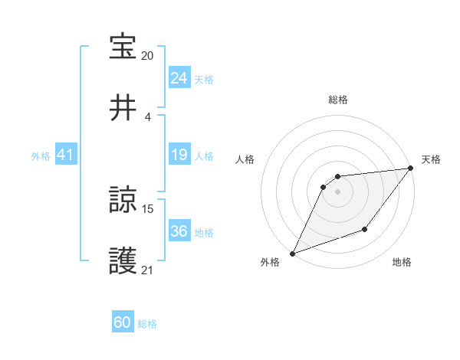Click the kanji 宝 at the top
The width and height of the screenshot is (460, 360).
(x=123, y=47)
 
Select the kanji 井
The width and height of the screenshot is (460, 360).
(x=123, y=108)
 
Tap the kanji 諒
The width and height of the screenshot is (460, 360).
(x=123, y=201)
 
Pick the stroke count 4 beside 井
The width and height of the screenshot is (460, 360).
(x=148, y=116)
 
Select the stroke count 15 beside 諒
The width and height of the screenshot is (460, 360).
(x=148, y=208)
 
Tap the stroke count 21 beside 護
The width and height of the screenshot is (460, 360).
(x=148, y=270)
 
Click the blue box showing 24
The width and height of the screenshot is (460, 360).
(x=179, y=77)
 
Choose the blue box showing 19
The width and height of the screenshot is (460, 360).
(x=179, y=155)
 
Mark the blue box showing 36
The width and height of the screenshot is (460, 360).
(x=179, y=231)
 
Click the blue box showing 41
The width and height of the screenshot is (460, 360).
(x=66, y=155)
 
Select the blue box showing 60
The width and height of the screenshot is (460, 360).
(x=123, y=322)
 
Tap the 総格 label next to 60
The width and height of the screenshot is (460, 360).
(x=147, y=324)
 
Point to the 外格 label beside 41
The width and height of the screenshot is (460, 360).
(x=41, y=155)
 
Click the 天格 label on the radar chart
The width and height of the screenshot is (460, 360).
(x=432, y=159)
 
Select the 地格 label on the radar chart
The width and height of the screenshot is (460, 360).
(x=402, y=262)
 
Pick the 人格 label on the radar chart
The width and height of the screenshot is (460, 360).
(x=245, y=159)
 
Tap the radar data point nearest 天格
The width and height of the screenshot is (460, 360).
(x=411, y=169)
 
